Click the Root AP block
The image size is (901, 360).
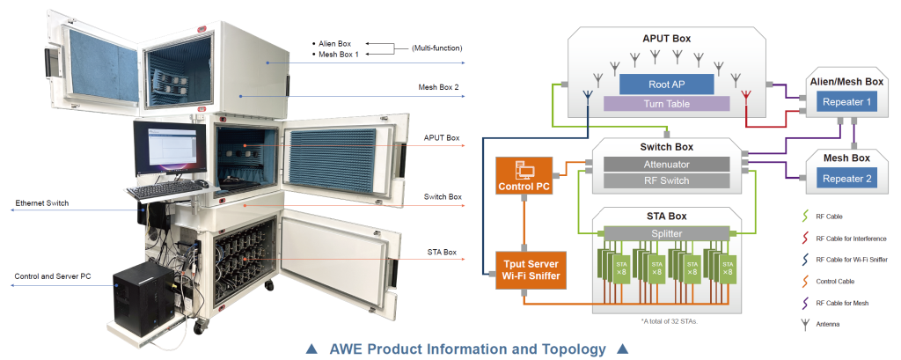(667, 84)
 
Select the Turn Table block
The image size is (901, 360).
(667, 103)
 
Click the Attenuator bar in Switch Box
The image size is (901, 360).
(666, 164)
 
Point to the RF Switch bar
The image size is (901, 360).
(666, 181)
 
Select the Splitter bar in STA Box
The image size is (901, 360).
(666, 233)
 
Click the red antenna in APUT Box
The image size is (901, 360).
(746, 95)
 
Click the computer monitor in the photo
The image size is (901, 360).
(169, 151)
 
